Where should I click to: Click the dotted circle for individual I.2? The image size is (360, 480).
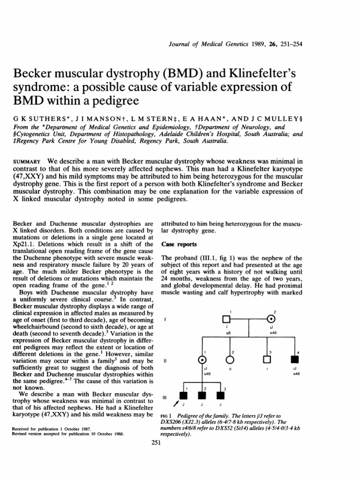pyautogui.click(x=271, y=320)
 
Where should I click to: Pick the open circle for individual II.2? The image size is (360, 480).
pyautogui.click(x=230, y=360)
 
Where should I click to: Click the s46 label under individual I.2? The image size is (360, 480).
pyautogui.click(x=272, y=332)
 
